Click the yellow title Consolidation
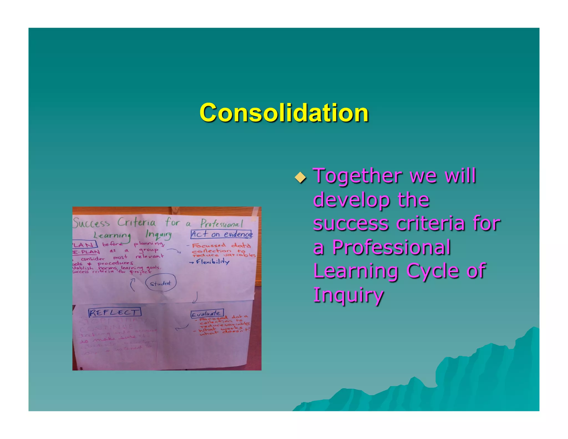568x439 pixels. click(x=284, y=112)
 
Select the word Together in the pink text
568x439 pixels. click(x=357, y=176)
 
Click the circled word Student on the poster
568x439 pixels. click(x=160, y=283)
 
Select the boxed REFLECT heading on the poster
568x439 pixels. click(x=115, y=312)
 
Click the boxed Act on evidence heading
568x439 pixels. click(x=221, y=234)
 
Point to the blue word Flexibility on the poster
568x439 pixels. click(x=212, y=262)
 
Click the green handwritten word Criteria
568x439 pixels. click(x=136, y=222)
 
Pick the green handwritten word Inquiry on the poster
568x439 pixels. click(x=158, y=234)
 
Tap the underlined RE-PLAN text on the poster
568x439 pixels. click(x=86, y=252)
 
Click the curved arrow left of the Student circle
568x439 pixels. click(x=133, y=285)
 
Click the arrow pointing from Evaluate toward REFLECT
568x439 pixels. click(x=182, y=328)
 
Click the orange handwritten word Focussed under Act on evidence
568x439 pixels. click(x=209, y=245)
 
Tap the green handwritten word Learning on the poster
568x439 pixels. click(x=112, y=236)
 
